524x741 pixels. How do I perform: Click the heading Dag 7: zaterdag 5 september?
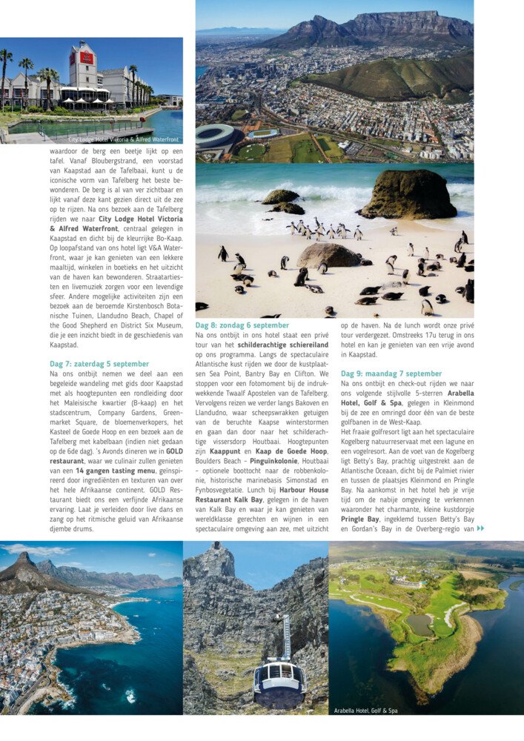(x=99, y=364)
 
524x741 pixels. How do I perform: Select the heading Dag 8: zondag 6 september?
(x=242, y=325)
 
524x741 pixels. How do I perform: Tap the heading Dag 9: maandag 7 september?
(x=391, y=373)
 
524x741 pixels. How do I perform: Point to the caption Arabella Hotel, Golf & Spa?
(x=371, y=709)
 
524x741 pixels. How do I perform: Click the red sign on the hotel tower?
(x=87, y=57)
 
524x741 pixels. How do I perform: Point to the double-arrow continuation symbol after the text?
(x=480, y=528)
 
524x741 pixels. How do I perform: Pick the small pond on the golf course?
(x=419, y=625)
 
